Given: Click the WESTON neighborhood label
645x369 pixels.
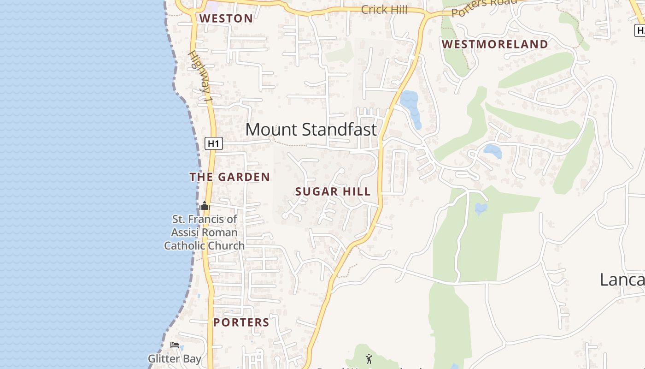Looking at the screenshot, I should click(226, 18).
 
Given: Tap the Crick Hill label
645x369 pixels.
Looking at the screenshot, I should click(384, 9).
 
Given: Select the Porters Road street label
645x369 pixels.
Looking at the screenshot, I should click(484, 6).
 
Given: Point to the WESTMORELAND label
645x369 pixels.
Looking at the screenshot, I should click(495, 44).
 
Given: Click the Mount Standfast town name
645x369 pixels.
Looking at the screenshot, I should click(311, 130).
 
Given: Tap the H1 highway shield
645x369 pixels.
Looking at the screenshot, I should click(213, 143).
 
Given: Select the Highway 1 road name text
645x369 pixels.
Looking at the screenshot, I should click(200, 76).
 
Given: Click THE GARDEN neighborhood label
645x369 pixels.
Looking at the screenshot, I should click(229, 177).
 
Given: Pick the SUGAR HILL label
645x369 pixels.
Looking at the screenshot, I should click(333, 192).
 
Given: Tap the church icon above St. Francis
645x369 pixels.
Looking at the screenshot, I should click(205, 206).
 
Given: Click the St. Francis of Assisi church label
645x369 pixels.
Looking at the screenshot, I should click(204, 232).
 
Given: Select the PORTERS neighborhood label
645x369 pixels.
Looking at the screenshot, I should click(241, 322).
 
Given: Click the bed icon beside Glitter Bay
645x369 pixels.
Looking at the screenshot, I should click(174, 345).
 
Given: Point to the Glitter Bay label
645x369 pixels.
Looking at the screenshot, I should click(174, 358).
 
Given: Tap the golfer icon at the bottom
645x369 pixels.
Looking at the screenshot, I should click(369, 358).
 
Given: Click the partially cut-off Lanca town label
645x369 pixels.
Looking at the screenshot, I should click(622, 280).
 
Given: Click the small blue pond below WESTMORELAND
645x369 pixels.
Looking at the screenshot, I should click(493, 151).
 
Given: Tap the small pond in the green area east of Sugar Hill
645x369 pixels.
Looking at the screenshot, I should click(481, 209).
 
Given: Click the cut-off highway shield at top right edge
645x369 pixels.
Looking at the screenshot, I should click(640, 30).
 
